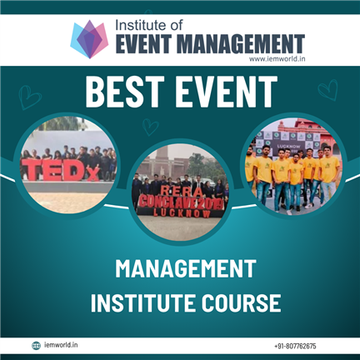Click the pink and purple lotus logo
click(x=89, y=39)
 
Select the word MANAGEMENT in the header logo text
click(x=241, y=44)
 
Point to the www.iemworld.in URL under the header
click(x=277, y=58)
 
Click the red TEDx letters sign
click(x=60, y=170)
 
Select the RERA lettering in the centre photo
click(x=182, y=192)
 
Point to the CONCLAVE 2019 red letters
click(x=181, y=202)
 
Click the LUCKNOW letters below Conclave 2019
click(x=182, y=213)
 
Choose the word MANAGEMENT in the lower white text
click(x=186, y=268)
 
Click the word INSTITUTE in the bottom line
click(x=143, y=302)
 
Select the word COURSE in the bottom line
click(x=241, y=302)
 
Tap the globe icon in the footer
click(x=36, y=346)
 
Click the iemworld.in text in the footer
click(x=61, y=345)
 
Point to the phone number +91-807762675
click(x=295, y=347)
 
